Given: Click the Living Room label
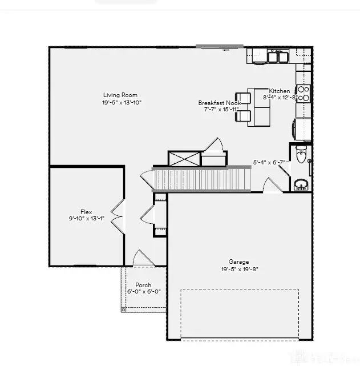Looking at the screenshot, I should click(120, 95).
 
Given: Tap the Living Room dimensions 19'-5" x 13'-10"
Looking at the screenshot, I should click(121, 103).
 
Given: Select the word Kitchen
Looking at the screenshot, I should click(280, 91).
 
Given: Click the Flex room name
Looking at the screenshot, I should click(86, 211).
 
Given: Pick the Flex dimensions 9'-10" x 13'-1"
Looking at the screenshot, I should click(86, 219).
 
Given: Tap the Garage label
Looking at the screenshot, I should click(239, 262).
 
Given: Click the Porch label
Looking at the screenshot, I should click(143, 285).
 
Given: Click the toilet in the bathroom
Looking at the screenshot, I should click(302, 154).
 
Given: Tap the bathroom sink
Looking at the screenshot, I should click(301, 185).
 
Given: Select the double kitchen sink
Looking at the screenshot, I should click(277, 57).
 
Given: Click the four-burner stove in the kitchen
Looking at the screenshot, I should click(304, 93).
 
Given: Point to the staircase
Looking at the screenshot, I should click(203, 179).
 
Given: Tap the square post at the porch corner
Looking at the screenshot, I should click(123, 309).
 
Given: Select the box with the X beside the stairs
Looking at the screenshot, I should click(184, 159).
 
